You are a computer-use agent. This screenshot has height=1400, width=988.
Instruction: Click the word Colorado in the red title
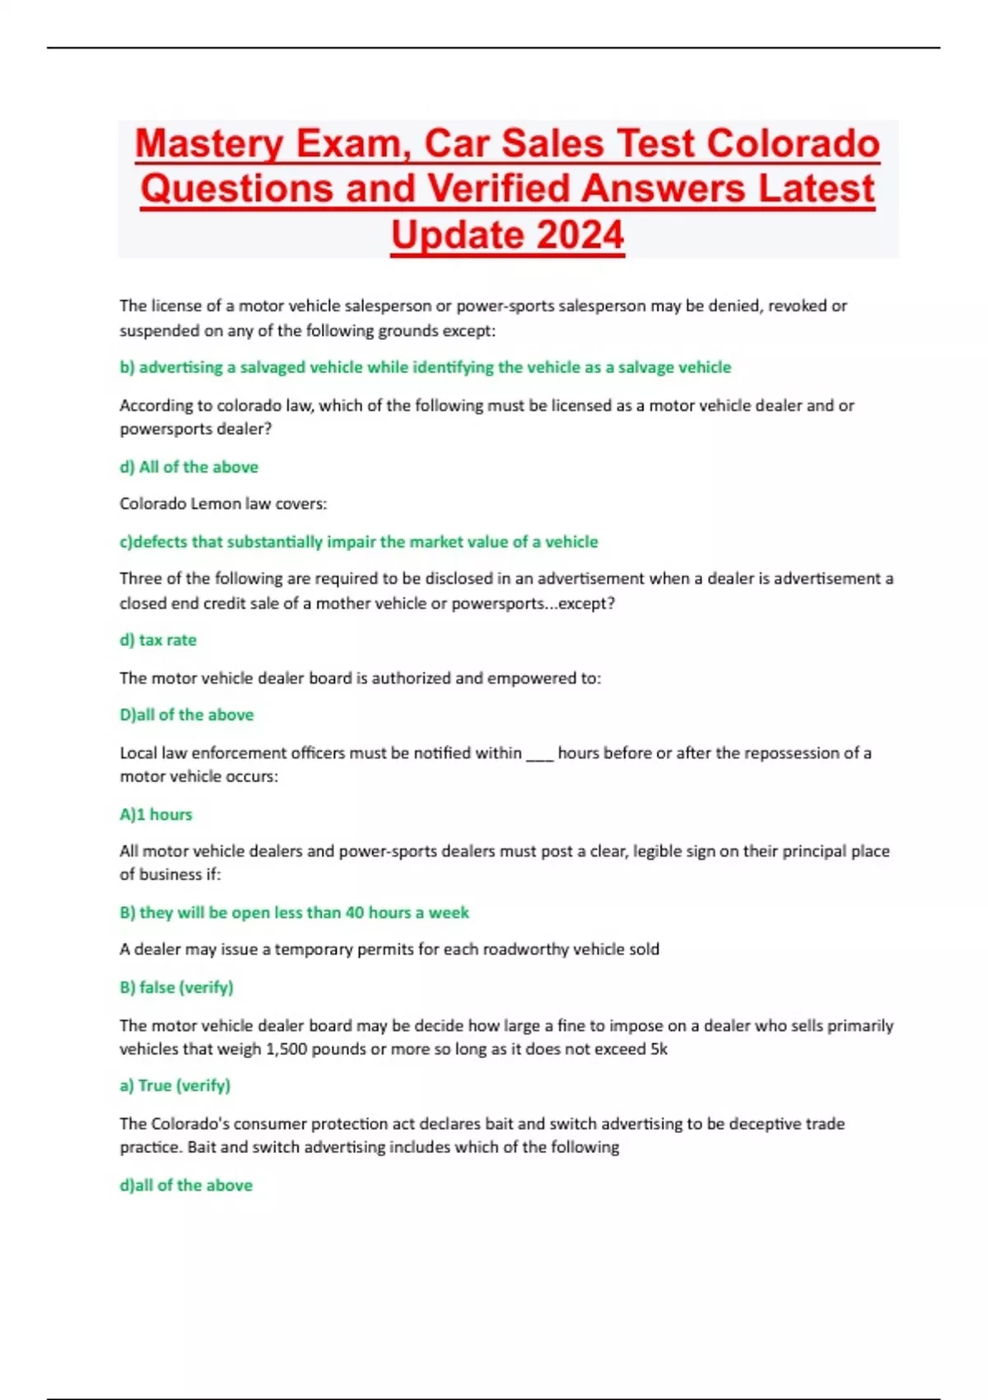793,143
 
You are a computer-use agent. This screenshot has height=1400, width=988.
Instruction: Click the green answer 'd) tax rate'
158,640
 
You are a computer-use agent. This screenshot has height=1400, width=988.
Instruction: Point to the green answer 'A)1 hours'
156,814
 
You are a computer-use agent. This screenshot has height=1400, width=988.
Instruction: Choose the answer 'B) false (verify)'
176,987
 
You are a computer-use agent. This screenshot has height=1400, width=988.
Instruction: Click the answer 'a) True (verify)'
175,1085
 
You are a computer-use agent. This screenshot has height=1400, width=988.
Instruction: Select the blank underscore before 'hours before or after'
539,754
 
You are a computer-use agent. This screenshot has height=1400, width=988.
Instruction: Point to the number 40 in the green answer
354,912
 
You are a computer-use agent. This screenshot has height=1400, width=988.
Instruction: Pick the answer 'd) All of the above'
189,467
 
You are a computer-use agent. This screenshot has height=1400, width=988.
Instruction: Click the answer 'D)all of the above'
186,715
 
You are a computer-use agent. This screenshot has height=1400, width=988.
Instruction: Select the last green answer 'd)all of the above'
186,1185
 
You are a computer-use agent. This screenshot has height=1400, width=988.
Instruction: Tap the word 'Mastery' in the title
209,143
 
